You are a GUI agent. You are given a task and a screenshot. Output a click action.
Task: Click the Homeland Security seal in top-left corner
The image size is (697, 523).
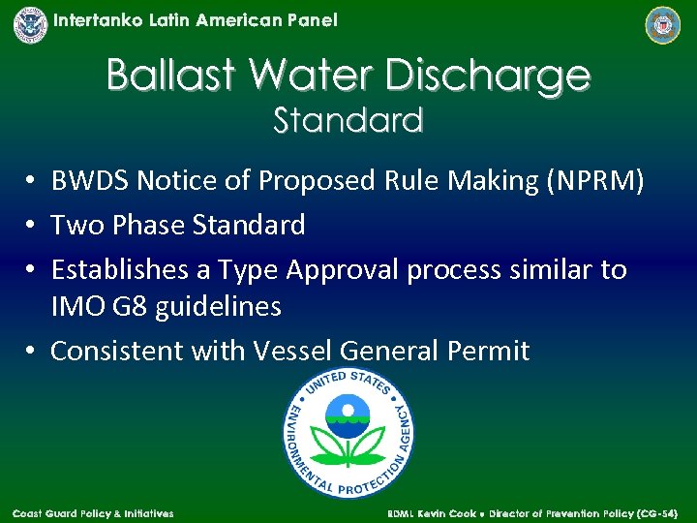(x=30, y=24)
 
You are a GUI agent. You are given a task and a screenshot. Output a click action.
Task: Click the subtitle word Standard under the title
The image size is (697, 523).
(x=348, y=121)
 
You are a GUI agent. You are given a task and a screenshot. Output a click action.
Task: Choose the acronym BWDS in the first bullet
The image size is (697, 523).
(x=90, y=181)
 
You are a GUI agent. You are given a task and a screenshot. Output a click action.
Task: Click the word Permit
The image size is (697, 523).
(x=489, y=351)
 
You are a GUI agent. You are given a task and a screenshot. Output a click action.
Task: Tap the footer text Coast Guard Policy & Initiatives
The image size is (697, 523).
(x=93, y=513)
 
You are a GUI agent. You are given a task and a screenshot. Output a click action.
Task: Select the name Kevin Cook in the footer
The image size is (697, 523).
(x=451, y=513)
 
